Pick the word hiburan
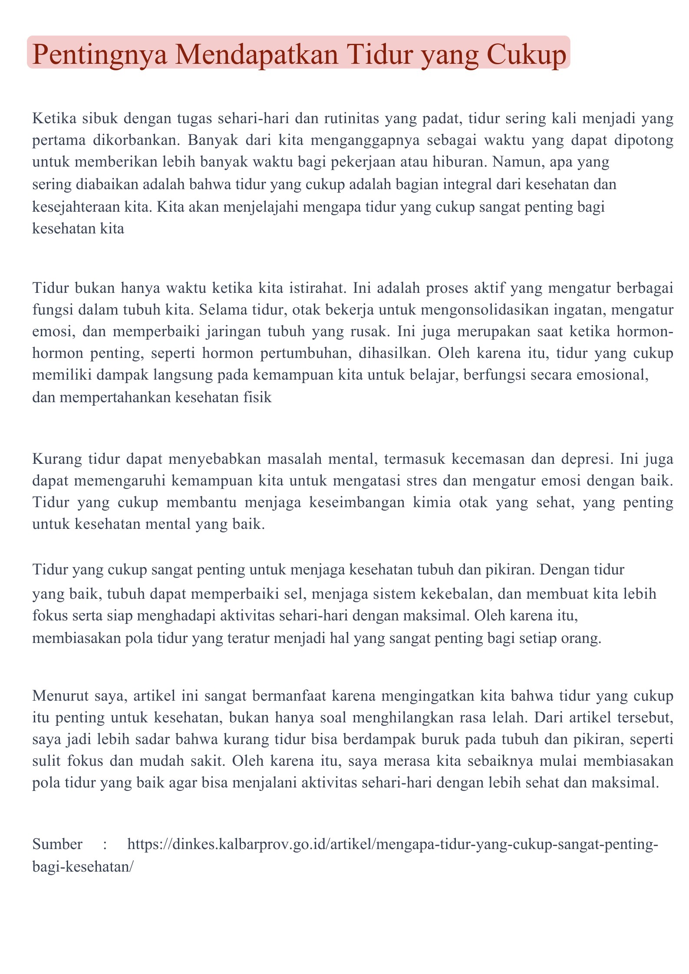456,163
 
